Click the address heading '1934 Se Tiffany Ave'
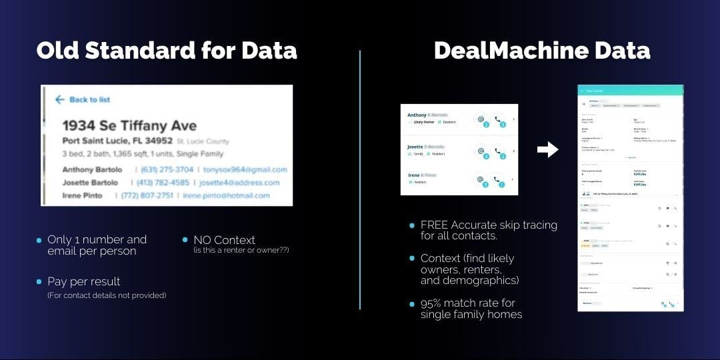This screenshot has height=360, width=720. click(129, 125)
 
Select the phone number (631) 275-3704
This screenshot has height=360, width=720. click(167, 169)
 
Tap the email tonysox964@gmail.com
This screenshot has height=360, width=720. click(245, 169)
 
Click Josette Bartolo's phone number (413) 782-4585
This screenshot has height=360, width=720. click(163, 183)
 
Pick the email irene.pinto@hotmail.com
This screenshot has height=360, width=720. click(227, 195)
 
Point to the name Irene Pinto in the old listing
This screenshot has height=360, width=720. click(83, 195)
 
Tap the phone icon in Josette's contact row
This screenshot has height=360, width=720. click(498, 151)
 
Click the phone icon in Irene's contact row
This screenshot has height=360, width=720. click(498, 179)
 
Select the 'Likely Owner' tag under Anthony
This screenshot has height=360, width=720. click(423, 122)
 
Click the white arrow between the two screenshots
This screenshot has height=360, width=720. click(547, 150)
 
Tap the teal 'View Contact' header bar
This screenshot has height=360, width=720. click(630, 90)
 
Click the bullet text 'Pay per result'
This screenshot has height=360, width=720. click(84, 281)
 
